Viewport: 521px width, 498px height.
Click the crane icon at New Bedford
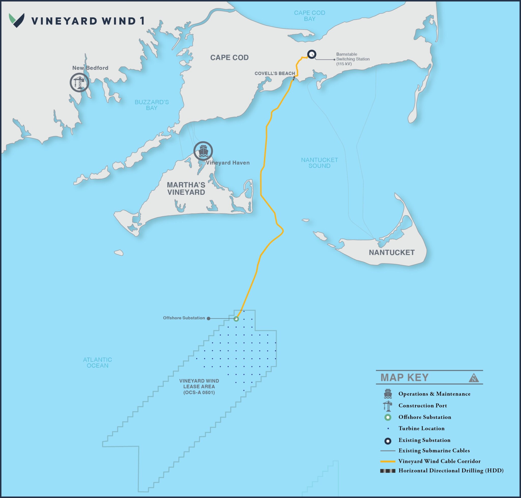click(79, 83)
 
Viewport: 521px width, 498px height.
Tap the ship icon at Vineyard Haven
click(203, 151)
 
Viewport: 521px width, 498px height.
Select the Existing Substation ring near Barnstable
click(312, 54)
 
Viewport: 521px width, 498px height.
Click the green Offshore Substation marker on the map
click(236, 319)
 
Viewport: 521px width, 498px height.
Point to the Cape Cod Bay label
click(310, 16)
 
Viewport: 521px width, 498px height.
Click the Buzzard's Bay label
click(152, 105)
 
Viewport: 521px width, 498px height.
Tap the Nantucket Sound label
click(319, 163)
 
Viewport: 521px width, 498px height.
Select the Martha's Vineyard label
click(186, 189)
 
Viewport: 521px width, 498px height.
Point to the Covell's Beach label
click(274, 73)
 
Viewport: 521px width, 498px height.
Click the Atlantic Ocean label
click(97, 362)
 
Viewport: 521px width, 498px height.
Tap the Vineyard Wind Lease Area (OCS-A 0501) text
click(199, 387)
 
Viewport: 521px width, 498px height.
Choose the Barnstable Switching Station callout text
click(353, 59)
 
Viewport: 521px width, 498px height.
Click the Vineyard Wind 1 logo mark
click(17, 20)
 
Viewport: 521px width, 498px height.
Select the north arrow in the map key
click(474, 378)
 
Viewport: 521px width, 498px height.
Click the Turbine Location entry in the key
click(421, 428)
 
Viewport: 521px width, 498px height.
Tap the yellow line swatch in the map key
click(388, 461)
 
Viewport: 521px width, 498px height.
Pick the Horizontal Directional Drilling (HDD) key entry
click(451, 470)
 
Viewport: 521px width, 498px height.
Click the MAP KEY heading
click(404, 377)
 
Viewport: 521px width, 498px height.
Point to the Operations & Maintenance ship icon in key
click(388, 394)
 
